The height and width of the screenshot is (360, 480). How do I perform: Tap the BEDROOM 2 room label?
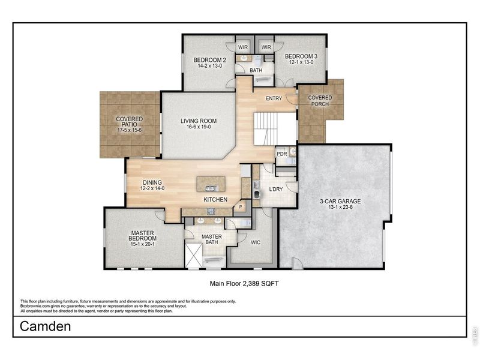click(209, 60)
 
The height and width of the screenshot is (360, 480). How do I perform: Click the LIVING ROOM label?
click(199, 121)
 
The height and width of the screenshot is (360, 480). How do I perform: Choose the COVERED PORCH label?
click(320, 101)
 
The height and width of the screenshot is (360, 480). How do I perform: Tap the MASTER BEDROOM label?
click(143, 235)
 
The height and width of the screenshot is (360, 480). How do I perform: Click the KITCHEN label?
click(214, 199)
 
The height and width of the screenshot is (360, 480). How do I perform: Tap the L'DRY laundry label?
click(276, 190)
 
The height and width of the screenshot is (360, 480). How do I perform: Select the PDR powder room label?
click(281, 154)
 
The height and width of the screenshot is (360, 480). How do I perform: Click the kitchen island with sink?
click(211, 184)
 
